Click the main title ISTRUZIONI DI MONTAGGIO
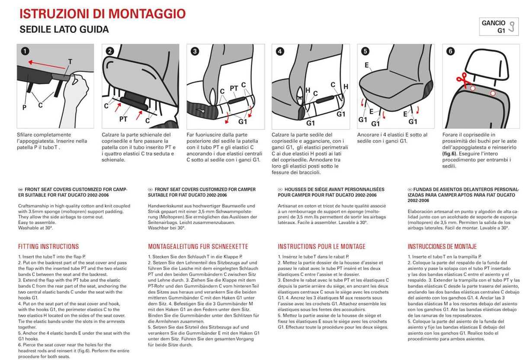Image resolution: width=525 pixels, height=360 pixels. pyautogui.click(x=102, y=13)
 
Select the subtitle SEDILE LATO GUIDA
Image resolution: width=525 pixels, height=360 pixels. pyautogui.click(x=64, y=30)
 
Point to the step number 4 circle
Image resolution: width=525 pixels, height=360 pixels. pyautogui.click(x=280, y=51)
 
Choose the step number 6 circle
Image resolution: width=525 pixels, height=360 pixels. pyautogui.click(x=451, y=51)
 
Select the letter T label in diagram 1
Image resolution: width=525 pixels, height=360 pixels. pyautogui.click(x=70, y=62)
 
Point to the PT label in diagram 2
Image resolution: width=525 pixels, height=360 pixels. pyautogui.click(x=123, y=118)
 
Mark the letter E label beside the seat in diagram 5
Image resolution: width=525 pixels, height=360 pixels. pyautogui.click(x=366, y=66)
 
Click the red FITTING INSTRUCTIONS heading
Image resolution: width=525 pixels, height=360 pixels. pyautogui.click(x=48, y=247)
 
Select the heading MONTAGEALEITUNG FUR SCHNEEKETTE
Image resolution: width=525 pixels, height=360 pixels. pyautogui.click(x=198, y=247)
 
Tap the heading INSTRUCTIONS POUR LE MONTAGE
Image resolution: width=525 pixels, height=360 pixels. pyautogui.click(x=321, y=247)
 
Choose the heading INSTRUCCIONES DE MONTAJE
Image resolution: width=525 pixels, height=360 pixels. pyautogui.click(x=442, y=247)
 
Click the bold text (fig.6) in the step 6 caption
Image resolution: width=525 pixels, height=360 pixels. pyautogui.click(x=451, y=153)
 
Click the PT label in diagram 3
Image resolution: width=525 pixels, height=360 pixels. pyautogui.click(x=234, y=88)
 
